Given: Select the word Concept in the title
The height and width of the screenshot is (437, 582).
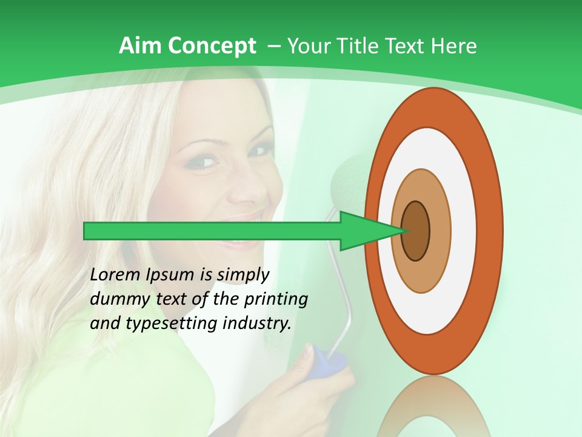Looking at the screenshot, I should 212,46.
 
